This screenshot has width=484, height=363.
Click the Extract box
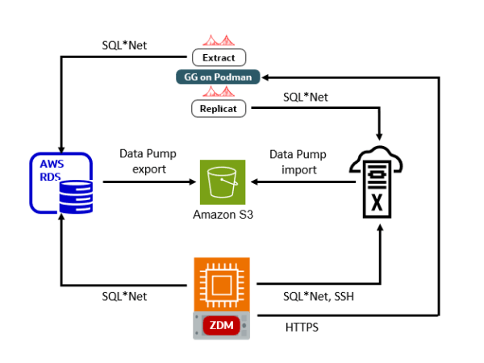[218, 57]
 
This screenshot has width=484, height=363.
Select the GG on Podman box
[218, 77]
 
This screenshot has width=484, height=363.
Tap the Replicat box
[218, 108]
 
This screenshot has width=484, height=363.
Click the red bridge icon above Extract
[218, 41]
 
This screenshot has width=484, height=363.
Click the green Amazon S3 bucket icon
[223, 182]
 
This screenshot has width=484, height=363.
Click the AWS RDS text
[52, 169]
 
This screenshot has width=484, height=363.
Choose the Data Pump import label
[293, 161]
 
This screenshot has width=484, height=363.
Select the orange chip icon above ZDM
[222, 284]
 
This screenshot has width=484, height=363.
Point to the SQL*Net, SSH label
[318, 296]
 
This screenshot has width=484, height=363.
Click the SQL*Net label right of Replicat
[305, 97]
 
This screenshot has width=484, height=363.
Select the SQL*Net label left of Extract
[123, 45]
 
